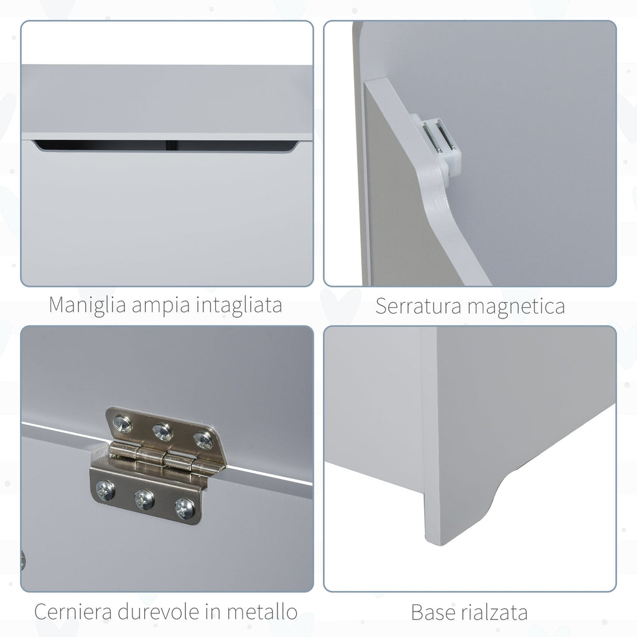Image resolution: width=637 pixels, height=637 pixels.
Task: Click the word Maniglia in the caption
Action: click(87, 305)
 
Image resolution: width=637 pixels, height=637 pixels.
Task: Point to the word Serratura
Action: click(418, 306)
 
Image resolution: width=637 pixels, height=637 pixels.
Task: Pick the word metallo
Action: click(263, 612)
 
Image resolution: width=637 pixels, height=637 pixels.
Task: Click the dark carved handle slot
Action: click(167, 145)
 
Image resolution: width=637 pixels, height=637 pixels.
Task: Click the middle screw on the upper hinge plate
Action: click(162, 432)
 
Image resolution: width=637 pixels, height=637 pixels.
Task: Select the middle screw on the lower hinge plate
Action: click(144, 498)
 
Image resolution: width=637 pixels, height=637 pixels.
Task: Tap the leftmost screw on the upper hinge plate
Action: click(123, 423)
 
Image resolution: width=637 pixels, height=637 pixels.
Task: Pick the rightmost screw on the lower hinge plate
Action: click(185, 508)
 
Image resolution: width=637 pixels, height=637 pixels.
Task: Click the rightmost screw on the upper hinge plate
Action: click(203, 440)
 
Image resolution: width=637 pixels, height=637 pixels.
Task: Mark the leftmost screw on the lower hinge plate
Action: click(105, 490)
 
